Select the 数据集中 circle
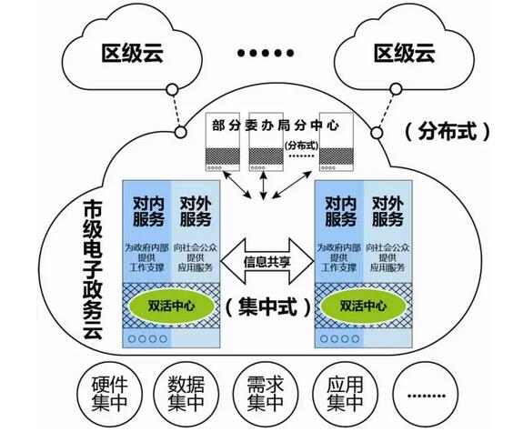189,392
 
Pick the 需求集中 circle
265,392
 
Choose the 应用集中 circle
340,392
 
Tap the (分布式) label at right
448,130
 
